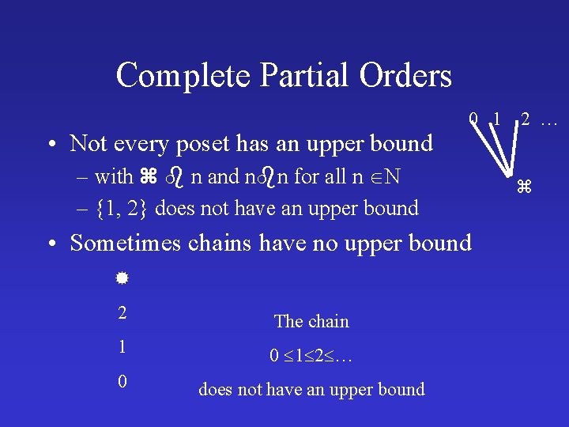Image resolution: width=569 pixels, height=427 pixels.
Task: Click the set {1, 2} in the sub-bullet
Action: coord(124,208)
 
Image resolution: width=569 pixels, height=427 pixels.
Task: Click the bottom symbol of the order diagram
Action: coord(522,187)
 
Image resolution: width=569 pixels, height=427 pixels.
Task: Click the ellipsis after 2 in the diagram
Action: coord(549,121)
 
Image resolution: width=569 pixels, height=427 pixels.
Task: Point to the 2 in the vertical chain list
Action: coord(122,312)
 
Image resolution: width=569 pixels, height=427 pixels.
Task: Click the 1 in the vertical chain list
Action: coord(122,346)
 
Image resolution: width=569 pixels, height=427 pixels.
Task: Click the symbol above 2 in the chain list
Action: coord(122,279)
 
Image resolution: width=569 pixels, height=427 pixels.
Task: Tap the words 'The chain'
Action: coord(311,321)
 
